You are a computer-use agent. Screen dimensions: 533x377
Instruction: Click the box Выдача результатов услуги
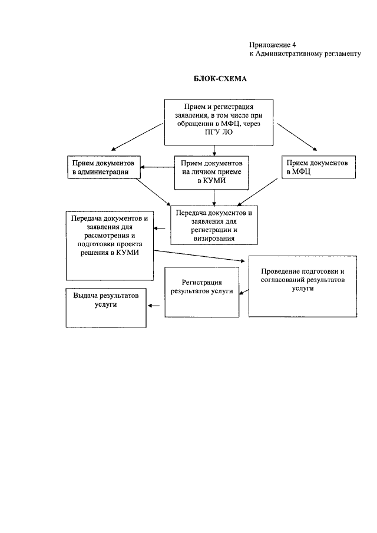[x=105, y=306]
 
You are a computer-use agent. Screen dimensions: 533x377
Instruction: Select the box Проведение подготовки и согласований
[x=303, y=286]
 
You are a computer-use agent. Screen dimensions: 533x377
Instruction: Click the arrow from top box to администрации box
[x=138, y=137]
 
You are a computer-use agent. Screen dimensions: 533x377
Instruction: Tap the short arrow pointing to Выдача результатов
[x=155, y=306]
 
